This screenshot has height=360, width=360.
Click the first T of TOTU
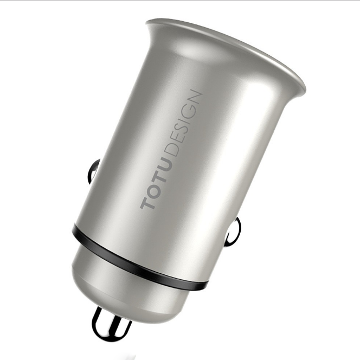(147, 202)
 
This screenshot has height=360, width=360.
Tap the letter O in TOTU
(152, 190)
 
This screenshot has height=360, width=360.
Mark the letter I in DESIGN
(182, 125)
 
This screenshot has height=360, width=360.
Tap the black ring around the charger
(136, 259)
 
